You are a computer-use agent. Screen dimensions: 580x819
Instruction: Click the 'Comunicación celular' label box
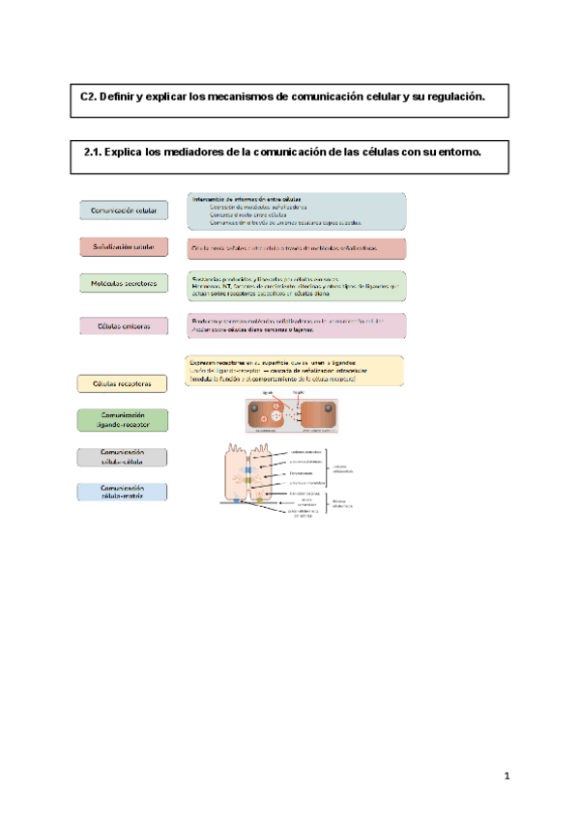click(x=123, y=210)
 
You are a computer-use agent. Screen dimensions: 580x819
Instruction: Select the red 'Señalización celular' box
click(x=123, y=247)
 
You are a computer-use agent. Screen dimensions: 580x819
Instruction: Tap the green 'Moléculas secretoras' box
click(x=123, y=283)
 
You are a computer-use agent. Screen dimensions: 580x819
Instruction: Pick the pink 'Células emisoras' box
click(x=123, y=325)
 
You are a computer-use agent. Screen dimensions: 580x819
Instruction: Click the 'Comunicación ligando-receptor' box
click(x=123, y=419)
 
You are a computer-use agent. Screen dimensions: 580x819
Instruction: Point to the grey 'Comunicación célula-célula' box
click(x=123, y=457)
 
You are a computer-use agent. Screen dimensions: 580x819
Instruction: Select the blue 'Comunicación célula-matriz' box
click(x=123, y=493)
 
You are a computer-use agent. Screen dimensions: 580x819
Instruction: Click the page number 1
click(x=506, y=777)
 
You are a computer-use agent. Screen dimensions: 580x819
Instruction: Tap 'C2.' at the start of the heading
click(x=89, y=98)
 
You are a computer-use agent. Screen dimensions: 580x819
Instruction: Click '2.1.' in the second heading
click(x=93, y=153)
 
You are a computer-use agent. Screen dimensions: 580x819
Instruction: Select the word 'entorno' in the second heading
click(x=456, y=153)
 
